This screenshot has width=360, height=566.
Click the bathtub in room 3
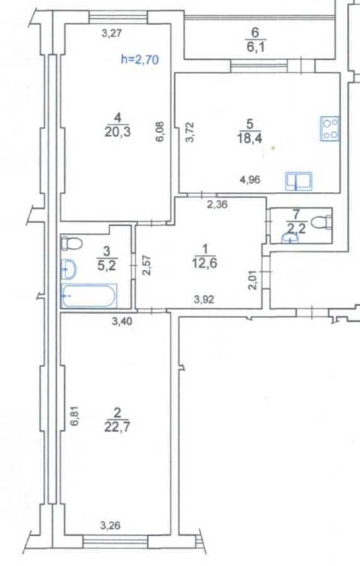click(x=89, y=295)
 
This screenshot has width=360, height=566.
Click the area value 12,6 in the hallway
click(x=203, y=263)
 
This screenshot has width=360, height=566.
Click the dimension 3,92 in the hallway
click(x=204, y=299)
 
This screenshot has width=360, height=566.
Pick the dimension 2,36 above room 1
click(x=218, y=203)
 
